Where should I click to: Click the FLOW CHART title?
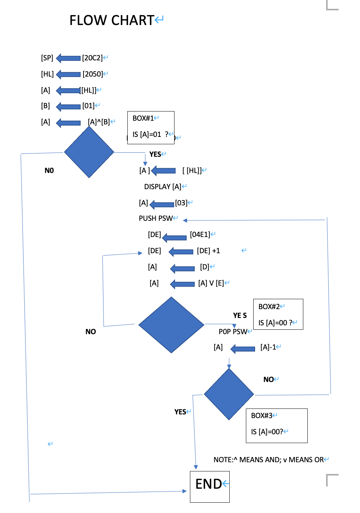[112, 20]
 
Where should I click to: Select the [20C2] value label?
[92, 58]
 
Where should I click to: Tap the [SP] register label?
[47, 58]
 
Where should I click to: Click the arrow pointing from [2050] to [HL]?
[68, 74]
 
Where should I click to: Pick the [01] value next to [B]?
[88, 106]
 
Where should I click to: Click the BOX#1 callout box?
[151, 127]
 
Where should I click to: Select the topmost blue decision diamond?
[89, 152]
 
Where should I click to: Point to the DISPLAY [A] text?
[162, 187]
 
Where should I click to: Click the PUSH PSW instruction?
[155, 218]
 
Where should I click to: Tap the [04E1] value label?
[200, 234]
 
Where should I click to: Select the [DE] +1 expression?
[208, 251]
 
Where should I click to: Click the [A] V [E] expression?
[211, 283]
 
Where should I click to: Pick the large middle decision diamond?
[171, 325]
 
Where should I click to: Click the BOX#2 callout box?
[278, 314]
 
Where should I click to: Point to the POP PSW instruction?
[233, 332]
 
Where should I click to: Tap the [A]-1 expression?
[268, 347]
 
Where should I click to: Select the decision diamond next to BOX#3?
[229, 394]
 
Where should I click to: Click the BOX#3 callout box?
[276, 425]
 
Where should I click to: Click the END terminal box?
[209, 487]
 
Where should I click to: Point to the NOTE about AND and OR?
[268, 460]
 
